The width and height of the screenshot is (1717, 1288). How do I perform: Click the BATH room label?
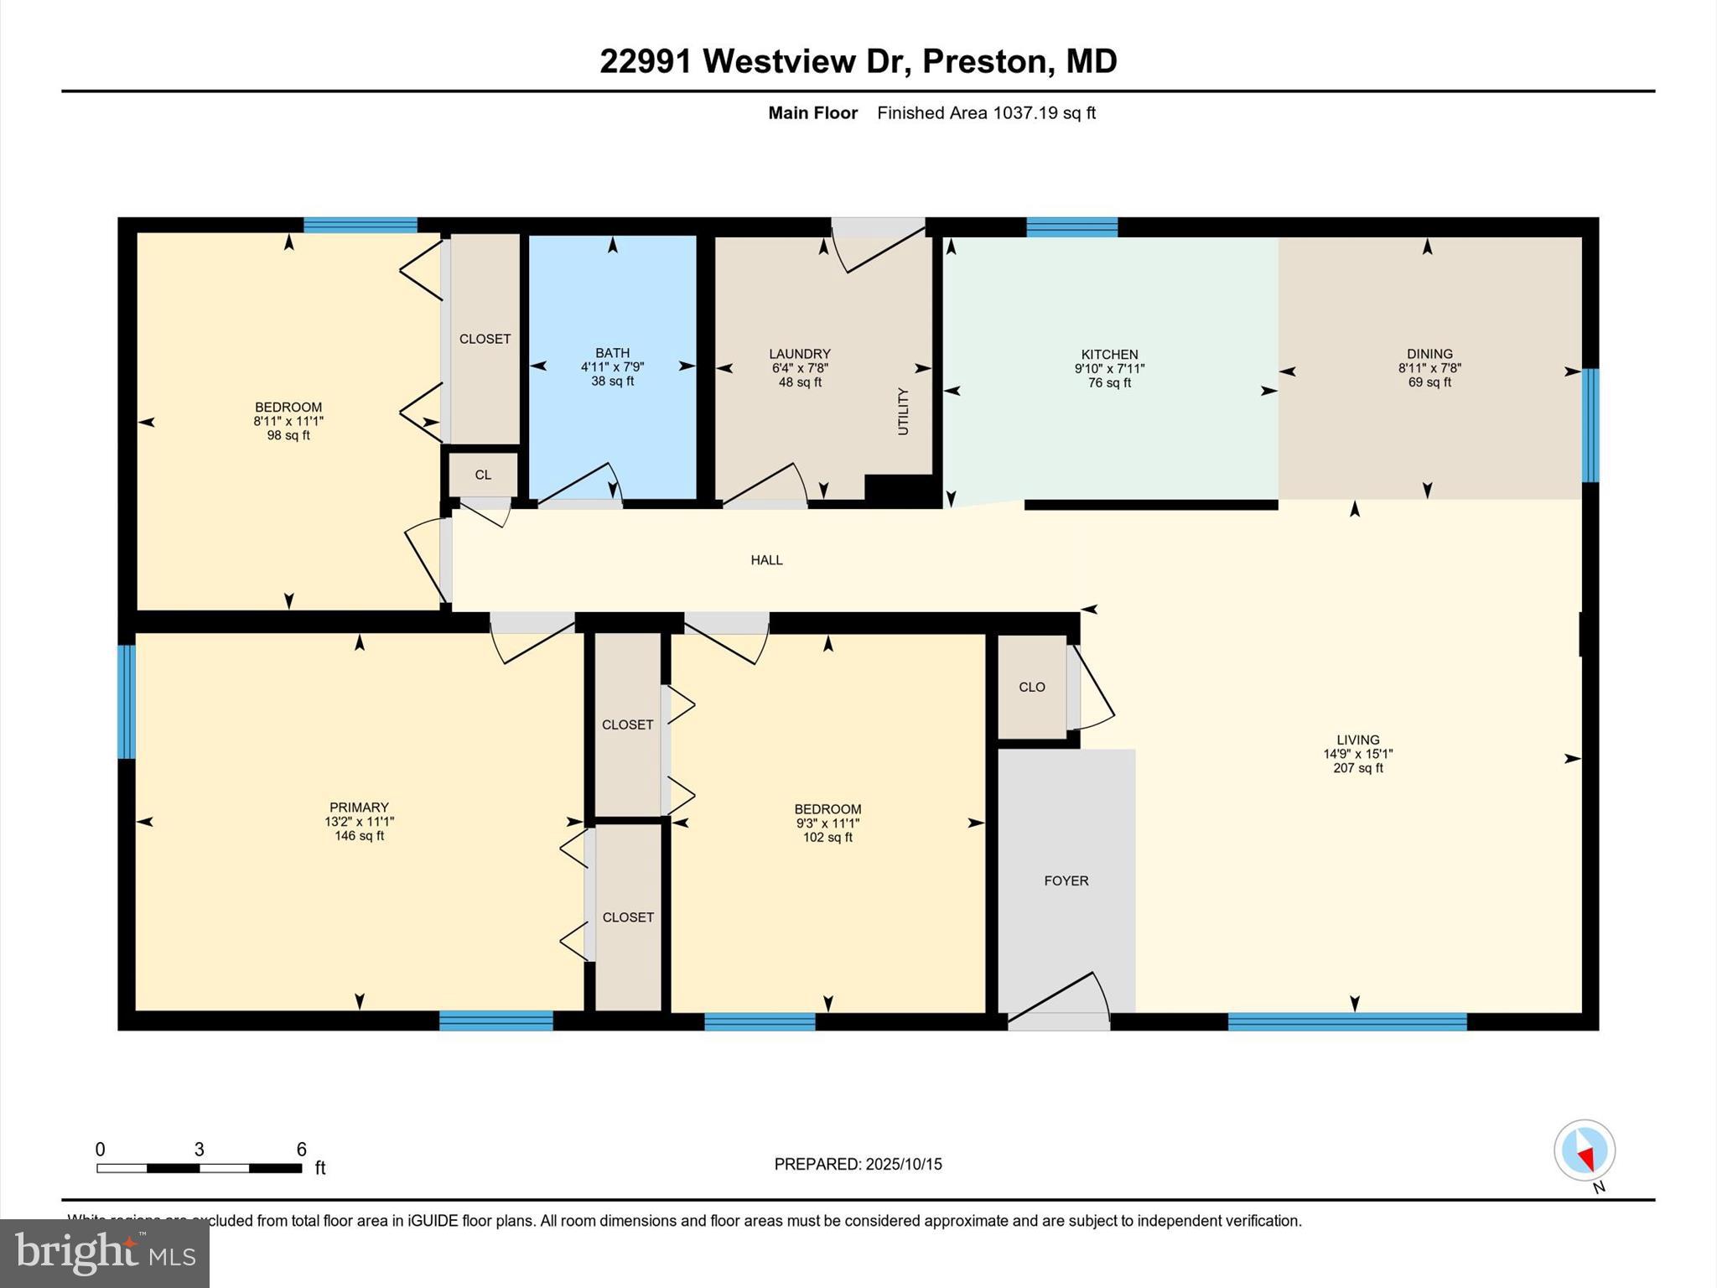point(612,353)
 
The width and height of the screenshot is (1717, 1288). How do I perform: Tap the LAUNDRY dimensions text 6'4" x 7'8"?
point(800,368)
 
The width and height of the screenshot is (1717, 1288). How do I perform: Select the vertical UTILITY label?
point(903,411)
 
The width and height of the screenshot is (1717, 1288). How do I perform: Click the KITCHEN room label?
point(1109,355)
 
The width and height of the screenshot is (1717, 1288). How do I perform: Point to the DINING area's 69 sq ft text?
point(1429,382)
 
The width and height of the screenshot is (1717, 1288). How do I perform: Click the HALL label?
point(766,560)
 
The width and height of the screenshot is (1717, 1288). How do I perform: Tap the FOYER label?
point(1066,880)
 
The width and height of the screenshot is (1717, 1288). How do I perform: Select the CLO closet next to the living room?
point(1031,687)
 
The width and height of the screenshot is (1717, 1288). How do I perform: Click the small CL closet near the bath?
point(483,475)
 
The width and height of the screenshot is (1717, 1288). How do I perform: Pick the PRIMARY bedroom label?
point(359,808)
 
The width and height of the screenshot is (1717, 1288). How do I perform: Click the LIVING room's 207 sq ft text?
point(1357,768)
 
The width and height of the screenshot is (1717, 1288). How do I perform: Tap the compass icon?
point(1584,1150)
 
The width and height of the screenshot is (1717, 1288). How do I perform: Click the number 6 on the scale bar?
point(301,1150)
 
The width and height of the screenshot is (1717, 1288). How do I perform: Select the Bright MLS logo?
point(105,1254)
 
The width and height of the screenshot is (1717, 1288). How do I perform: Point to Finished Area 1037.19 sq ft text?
point(986,113)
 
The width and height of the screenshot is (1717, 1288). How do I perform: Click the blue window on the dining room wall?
point(1590,425)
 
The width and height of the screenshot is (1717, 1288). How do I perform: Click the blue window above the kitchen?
point(1071,227)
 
